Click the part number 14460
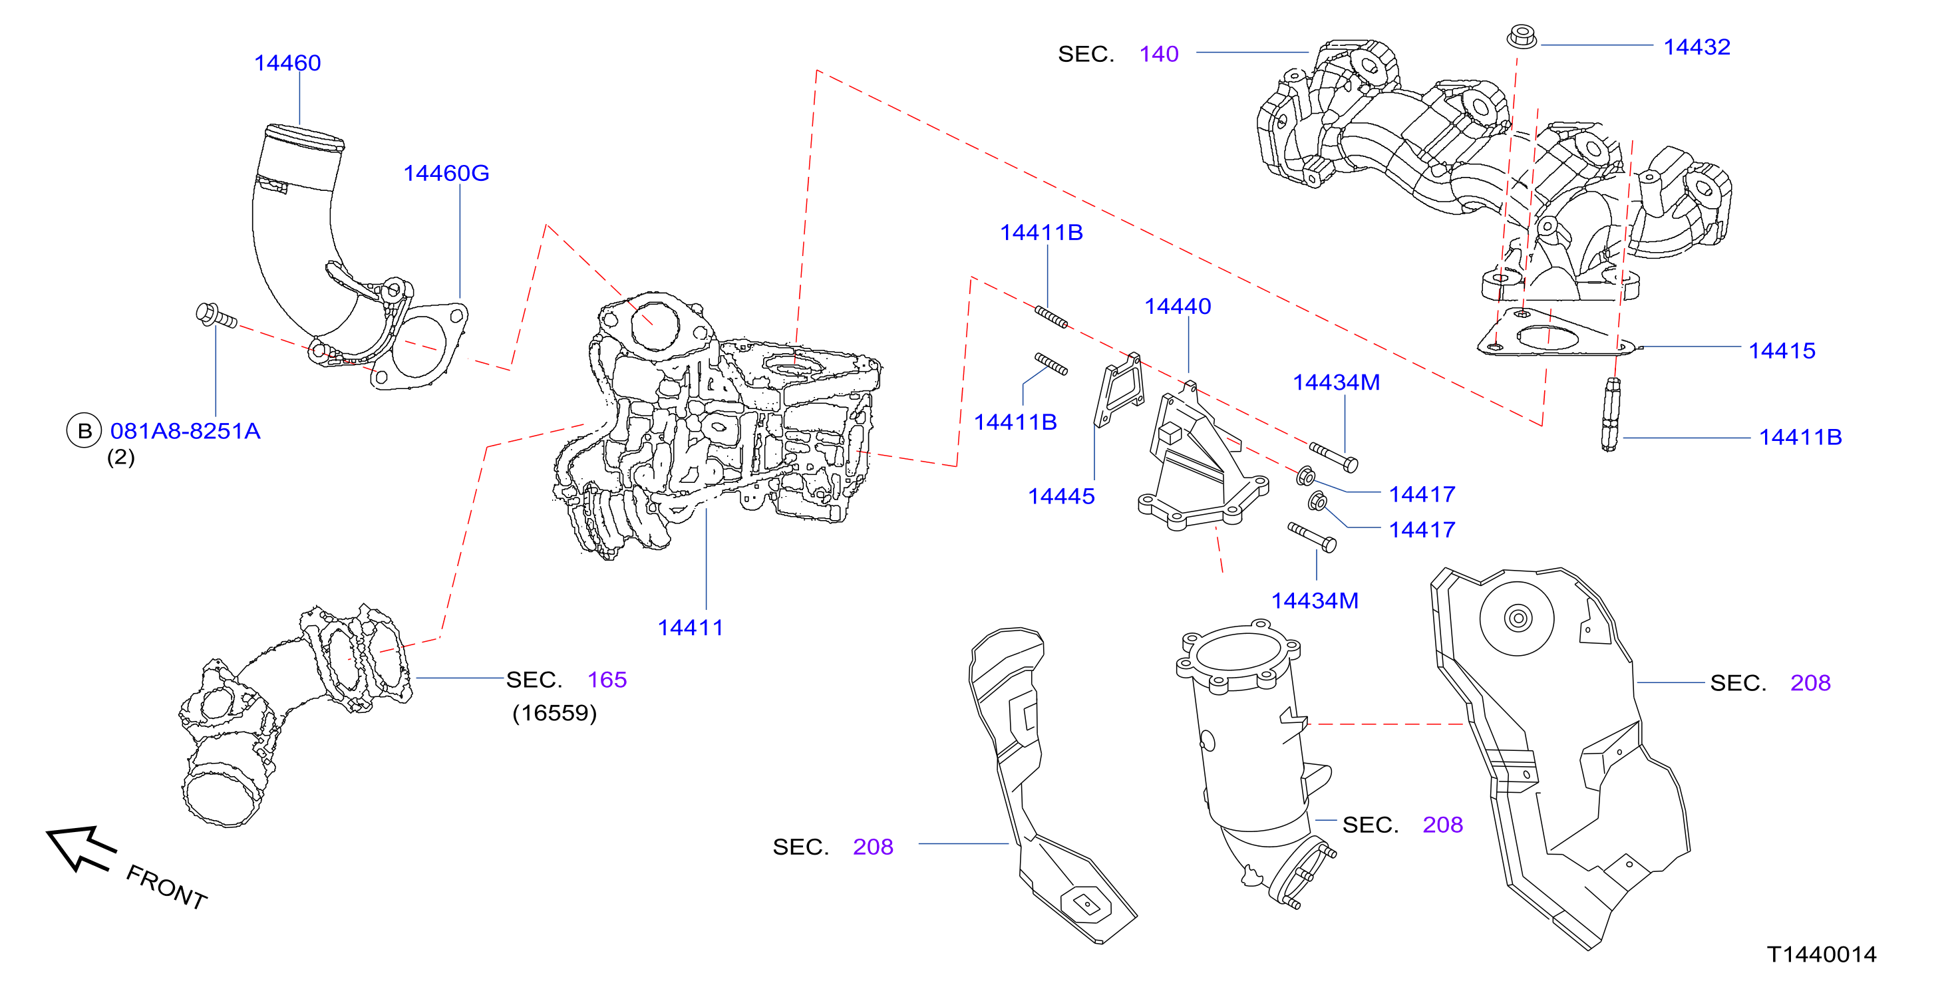tap(287, 63)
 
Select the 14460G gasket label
tap(446, 174)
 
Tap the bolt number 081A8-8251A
tap(186, 431)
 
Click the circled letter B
tap(84, 431)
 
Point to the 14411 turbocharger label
tap(691, 627)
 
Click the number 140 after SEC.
tap(1158, 54)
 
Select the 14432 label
tap(1697, 47)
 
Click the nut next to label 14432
tap(1522, 37)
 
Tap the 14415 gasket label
tap(1782, 351)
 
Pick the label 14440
tap(1178, 306)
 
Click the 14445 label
tap(1061, 496)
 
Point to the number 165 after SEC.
tap(607, 680)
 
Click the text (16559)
tap(555, 713)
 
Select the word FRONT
tap(166, 887)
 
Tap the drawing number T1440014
tap(1822, 954)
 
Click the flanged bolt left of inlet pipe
tap(216, 316)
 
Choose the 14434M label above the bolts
tap(1336, 382)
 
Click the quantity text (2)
tap(120, 458)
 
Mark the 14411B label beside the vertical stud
tap(1800, 437)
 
